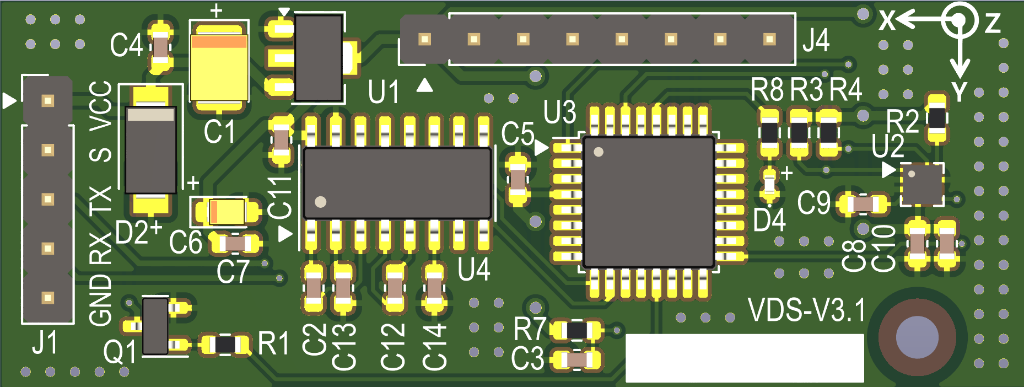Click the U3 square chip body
pos(649,202)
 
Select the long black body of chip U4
pos(397,183)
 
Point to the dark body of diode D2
pos(150,150)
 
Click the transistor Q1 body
pos(155,326)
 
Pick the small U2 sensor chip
pos(922,184)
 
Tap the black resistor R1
pos(225,345)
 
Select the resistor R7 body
pos(577,330)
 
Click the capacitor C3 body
pos(577,360)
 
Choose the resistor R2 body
pos(937,118)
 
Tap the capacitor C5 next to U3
pos(518,179)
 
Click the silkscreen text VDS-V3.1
pos(807,310)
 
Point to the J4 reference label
pos(816,40)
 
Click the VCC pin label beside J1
pos(101,106)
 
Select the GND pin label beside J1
pos(101,300)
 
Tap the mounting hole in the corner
pos(917,337)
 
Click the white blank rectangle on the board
pos(744,358)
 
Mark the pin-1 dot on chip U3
pos(599,152)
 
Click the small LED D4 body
pos(769,182)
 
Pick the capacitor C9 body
pos(863,205)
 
